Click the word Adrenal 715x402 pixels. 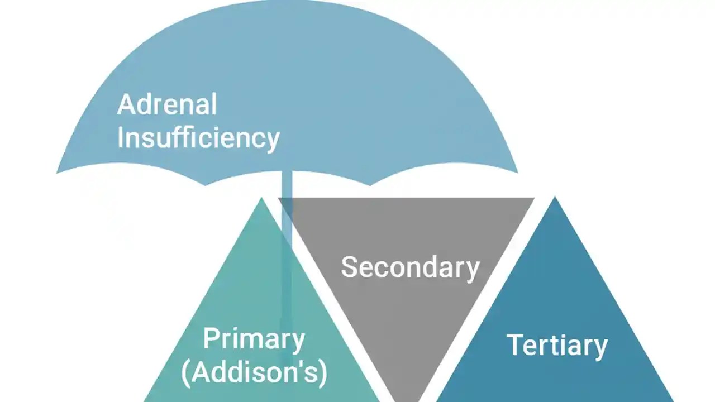pyautogui.click(x=166, y=105)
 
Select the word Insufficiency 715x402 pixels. pyautogui.click(x=198, y=137)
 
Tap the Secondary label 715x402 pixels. pyautogui.click(x=410, y=267)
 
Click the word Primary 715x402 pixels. pyautogui.click(x=254, y=339)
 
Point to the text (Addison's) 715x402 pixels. pyautogui.click(x=254, y=372)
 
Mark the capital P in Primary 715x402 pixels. pyautogui.click(x=210, y=339)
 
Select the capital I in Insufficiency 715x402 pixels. pyautogui.click(x=120, y=137)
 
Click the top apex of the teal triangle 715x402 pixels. pyautogui.click(x=261, y=198)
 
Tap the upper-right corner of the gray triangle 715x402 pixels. pyautogui.click(x=533, y=199)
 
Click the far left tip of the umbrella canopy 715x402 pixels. pyautogui.click(x=58, y=172)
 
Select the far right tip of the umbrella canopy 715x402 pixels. pyautogui.click(x=517, y=171)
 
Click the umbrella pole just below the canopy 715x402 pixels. pyautogui.click(x=287, y=184)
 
